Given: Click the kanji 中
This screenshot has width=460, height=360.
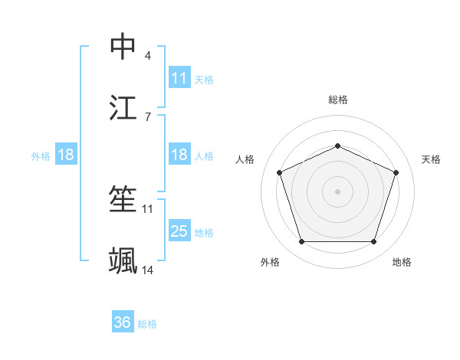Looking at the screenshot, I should point(123,46).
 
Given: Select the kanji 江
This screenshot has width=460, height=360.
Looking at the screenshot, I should point(123,107).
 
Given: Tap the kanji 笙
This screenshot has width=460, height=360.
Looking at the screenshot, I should point(123,199).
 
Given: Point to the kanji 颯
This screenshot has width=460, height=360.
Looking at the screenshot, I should point(123,261).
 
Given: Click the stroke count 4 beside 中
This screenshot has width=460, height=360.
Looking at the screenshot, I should point(147,56).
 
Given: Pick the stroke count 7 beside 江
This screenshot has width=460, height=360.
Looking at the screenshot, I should point(147,116).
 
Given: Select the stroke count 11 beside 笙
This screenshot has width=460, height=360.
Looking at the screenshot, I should point(148,208).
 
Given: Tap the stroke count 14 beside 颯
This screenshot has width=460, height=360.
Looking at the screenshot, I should point(148,270).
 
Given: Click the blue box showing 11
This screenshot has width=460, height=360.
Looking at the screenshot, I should point(179,77).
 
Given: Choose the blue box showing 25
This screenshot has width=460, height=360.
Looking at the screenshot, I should point(179,231).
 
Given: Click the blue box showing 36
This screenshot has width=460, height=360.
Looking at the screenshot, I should point(122,322).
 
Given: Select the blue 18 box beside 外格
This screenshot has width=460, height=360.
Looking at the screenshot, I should point(66,155).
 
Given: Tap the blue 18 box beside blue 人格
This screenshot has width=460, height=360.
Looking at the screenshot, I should point(179,155).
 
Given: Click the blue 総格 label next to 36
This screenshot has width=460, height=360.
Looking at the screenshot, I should point(147,324).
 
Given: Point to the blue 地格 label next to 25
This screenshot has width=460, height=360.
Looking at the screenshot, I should point(204,232).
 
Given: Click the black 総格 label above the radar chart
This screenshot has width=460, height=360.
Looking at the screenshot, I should point(337,100).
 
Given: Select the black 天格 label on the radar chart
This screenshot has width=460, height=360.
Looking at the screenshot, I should point(431,159).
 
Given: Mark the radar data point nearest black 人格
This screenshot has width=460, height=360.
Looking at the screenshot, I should point(279,172).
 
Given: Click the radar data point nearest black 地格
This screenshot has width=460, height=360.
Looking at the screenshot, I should point(373,242).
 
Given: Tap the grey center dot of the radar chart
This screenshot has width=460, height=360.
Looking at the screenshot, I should point(337,191).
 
